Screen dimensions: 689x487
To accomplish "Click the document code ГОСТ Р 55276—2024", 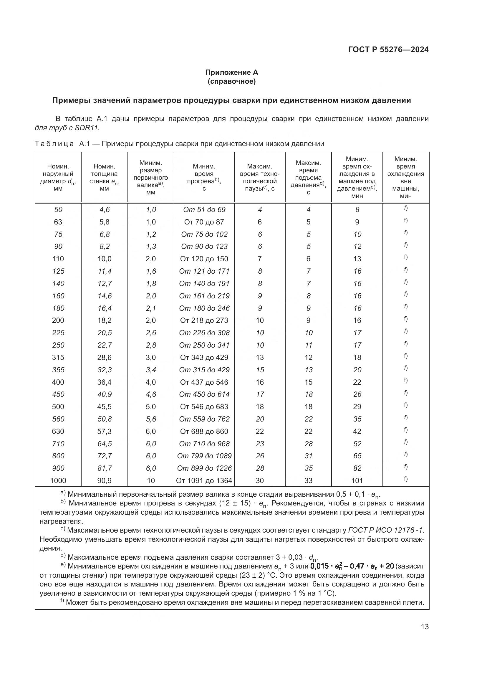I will (x=388, y=49).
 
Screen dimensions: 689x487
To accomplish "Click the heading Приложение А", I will (x=231, y=72).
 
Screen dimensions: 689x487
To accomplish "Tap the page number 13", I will (x=425, y=627).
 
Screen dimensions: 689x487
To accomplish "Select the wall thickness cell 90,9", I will (x=104, y=480).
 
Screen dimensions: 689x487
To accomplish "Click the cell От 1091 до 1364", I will (x=204, y=480).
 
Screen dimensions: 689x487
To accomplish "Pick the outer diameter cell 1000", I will (x=58, y=480).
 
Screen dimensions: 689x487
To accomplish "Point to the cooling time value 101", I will (x=357, y=480).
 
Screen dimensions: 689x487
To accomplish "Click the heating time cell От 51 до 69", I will (x=204, y=210).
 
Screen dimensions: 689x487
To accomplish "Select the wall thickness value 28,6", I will (x=104, y=357).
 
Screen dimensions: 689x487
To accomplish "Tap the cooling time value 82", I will (x=357, y=468).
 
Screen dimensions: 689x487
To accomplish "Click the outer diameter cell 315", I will (x=58, y=357).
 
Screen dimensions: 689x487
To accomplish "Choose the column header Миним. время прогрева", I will (x=204, y=177).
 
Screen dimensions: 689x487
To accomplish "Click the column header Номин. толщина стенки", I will (x=104, y=177).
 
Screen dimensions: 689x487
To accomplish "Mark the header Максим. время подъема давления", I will (x=308, y=177).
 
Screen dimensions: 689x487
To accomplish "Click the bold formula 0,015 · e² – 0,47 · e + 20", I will (x=352, y=566).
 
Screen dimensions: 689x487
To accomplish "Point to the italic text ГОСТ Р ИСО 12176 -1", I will (x=386, y=530).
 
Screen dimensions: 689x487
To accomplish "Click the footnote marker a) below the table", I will (x=63, y=493).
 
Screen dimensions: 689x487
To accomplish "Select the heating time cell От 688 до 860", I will (x=204, y=431).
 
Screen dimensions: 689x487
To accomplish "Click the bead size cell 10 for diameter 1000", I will (x=150, y=480).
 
